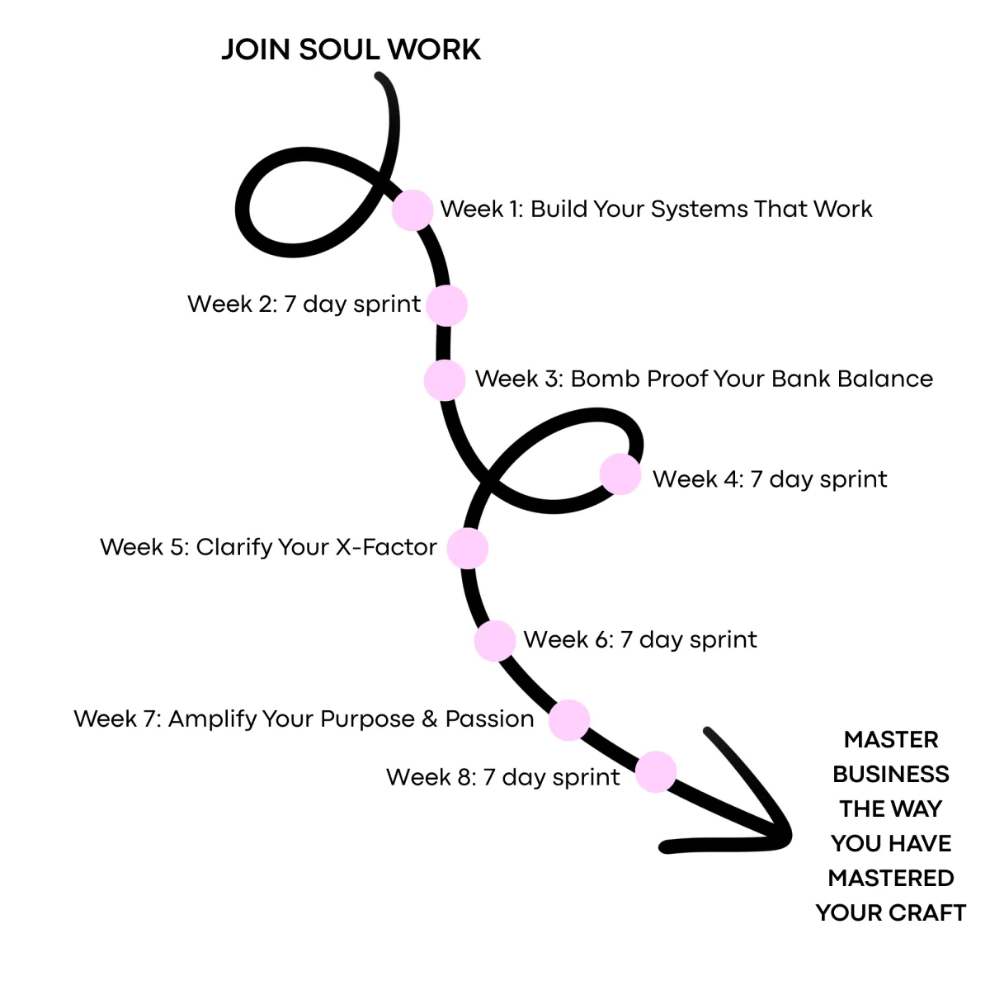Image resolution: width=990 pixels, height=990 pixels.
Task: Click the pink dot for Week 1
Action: [x=412, y=210]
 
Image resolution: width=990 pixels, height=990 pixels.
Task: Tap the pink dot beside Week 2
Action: [x=447, y=306]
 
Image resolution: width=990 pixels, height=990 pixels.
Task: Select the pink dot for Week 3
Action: [x=445, y=380]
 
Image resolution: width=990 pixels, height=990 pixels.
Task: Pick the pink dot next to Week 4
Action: [x=620, y=474]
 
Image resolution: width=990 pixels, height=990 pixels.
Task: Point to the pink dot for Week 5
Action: [x=468, y=549]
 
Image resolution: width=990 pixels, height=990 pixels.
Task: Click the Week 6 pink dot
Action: [x=495, y=641]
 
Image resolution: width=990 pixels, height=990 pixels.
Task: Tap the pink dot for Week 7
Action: [x=569, y=719]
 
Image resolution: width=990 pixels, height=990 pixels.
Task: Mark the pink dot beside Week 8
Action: [x=656, y=772]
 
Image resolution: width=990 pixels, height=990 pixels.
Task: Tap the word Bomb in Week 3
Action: [x=605, y=379]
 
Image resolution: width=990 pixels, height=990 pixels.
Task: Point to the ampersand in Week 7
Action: [x=429, y=719]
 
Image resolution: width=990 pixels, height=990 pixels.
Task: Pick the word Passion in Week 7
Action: [x=489, y=719]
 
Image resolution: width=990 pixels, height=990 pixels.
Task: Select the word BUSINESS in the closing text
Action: [x=890, y=774]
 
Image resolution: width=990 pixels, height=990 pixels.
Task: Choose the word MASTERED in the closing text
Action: [x=890, y=878]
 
